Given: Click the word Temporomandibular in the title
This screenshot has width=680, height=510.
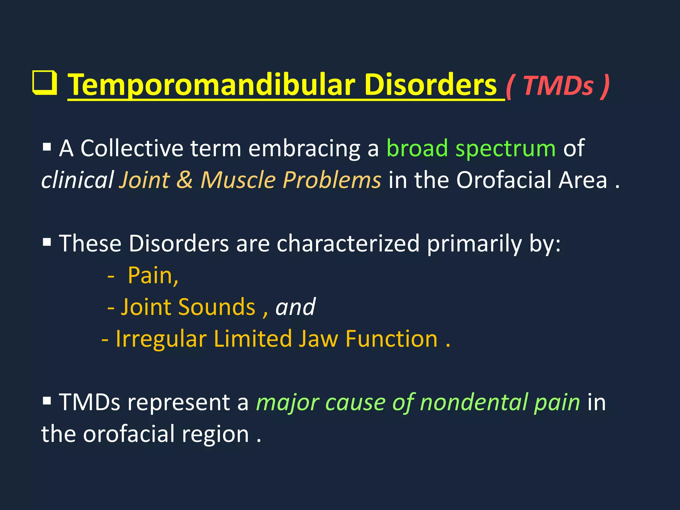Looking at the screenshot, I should click(212, 85).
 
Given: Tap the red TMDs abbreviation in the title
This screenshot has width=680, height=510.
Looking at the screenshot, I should click(558, 86).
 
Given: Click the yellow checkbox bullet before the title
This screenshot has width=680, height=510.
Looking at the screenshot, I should click(44, 83).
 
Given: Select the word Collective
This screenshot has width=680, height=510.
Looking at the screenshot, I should click(132, 148).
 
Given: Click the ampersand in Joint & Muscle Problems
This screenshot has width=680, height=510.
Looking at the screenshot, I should click(185, 180).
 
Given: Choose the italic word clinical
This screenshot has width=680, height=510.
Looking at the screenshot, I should click(78, 180).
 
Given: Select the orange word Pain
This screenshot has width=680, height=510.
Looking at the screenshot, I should click(153, 276).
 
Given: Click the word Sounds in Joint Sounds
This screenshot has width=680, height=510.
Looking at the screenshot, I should click(216, 307).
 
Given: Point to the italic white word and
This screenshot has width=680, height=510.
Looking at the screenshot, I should click(295, 307).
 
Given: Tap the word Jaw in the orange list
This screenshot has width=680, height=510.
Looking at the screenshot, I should click(318, 339).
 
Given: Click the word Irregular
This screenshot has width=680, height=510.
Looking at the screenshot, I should click(161, 339).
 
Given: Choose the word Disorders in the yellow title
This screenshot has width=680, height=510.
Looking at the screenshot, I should click(430, 85).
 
